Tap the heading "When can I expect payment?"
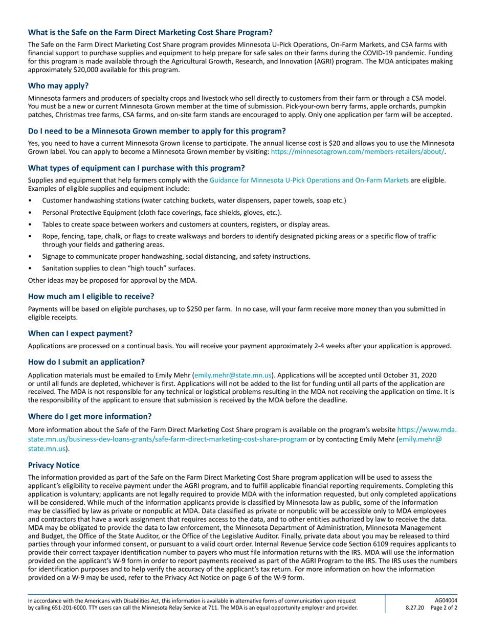point(80,333)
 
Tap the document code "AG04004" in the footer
point(446,600)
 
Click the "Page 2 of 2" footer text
point(444,608)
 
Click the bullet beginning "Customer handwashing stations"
point(194,200)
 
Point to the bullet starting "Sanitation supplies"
point(119,267)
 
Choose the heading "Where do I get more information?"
point(90,416)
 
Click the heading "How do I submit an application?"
point(86,362)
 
